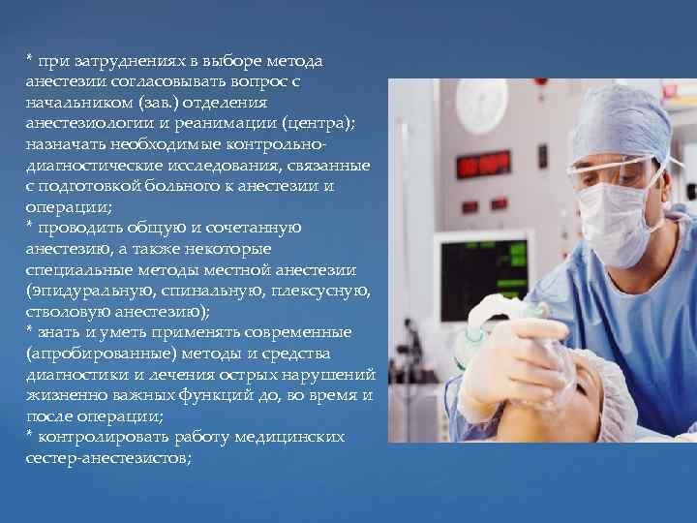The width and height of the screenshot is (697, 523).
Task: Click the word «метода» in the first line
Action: (289, 61)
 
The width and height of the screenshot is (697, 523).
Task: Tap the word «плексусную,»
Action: (320, 291)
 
